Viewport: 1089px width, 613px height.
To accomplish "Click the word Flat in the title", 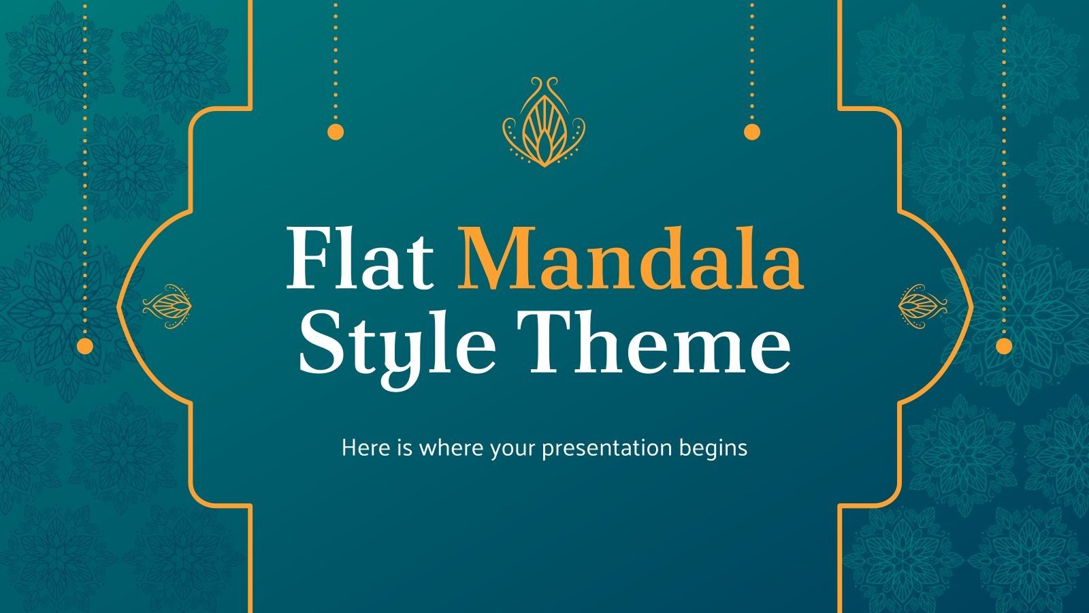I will tap(359, 259).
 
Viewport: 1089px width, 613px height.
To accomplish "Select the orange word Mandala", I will tap(630, 259).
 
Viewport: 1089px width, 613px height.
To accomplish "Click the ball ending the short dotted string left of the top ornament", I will tap(336, 131).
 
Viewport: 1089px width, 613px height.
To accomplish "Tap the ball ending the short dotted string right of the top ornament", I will tap(752, 131).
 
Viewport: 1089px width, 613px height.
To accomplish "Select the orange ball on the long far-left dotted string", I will tap(85, 346).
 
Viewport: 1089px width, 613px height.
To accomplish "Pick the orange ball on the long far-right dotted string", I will tap(1004, 346).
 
